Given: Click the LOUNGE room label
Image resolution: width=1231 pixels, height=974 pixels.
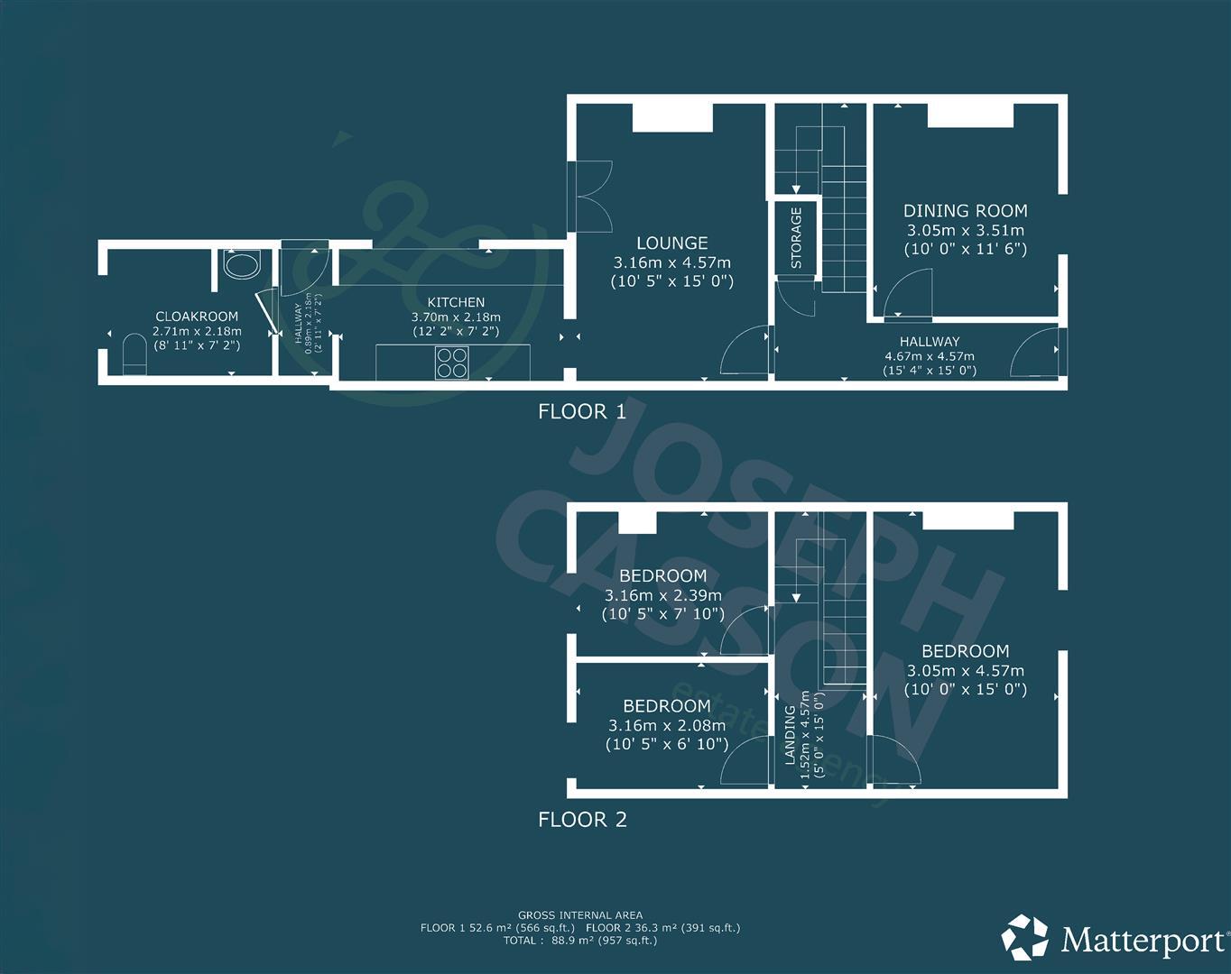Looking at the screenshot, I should click(671, 243).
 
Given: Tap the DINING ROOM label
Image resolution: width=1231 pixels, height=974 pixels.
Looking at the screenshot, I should click(965, 211).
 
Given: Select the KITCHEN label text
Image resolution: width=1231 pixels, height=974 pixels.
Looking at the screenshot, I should click(456, 302).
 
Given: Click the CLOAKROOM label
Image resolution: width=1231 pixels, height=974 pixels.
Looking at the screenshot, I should click(197, 317).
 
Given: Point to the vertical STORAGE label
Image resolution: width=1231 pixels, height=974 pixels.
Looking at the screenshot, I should click(796, 238).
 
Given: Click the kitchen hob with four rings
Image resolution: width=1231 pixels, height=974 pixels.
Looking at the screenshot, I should click(452, 363).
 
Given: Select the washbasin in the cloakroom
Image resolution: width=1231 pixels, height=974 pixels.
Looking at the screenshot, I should click(241, 265).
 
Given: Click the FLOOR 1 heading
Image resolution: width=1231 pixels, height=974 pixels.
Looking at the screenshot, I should click(581, 412).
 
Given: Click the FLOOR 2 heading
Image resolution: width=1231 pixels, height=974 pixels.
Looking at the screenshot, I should click(581, 820).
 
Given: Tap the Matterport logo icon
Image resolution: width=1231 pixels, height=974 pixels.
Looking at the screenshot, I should click(1026, 939).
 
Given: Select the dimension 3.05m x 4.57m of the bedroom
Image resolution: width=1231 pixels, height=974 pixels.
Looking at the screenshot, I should click(965, 671).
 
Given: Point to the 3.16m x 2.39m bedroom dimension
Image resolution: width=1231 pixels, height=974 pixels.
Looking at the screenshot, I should click(662, 595).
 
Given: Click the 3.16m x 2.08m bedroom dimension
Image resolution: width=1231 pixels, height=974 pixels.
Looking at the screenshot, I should click(666, 725).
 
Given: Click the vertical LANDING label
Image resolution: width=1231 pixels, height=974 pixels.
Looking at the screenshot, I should click(791, 735).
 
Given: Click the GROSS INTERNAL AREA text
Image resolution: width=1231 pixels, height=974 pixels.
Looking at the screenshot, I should click(580, 915).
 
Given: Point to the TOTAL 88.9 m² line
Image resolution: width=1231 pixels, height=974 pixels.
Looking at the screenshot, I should click(580, 941).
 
